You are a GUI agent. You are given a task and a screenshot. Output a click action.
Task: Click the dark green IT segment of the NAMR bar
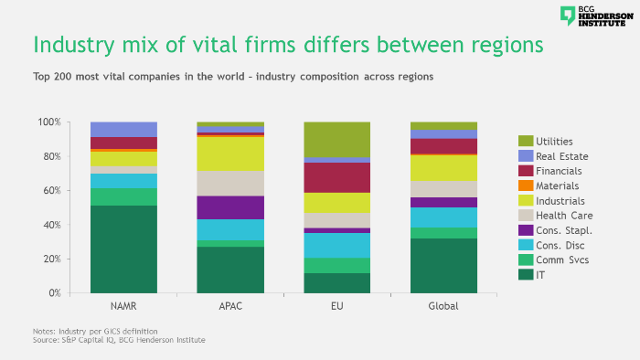coord(123,249)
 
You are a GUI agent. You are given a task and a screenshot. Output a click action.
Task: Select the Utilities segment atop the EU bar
coord(337,139)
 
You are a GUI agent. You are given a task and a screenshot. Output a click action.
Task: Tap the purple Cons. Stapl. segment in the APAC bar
coord(230,207)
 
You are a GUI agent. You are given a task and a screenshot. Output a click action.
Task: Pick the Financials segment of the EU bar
coord(337,177)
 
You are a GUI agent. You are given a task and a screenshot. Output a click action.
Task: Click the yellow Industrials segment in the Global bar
coord(443,167)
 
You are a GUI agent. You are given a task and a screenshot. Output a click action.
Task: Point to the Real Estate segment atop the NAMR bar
coord(123,129)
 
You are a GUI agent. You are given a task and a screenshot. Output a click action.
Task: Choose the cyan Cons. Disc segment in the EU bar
coord(337,245)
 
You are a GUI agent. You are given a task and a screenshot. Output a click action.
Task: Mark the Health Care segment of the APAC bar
coord(230,183)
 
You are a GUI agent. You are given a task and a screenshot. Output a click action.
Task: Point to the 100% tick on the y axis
coord(49,122)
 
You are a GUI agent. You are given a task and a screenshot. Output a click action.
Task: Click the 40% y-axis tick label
coord(51,225)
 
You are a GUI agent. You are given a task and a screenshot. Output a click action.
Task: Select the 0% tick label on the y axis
coord(54,293)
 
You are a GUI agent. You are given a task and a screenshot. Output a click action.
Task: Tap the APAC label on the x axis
coord(230,307)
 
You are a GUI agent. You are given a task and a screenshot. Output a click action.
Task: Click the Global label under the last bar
coord(443,307)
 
